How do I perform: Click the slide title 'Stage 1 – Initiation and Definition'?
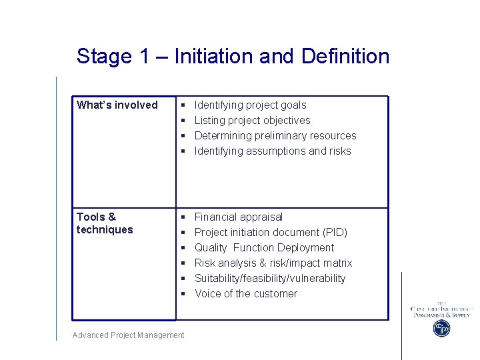coord(233,56)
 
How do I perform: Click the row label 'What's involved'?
coord(117,105)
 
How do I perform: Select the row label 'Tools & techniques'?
coord(105,223)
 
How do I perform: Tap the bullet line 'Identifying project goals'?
coord(250,105)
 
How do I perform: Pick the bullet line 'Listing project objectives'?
coord(252,120)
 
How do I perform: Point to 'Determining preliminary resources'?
coord(275,135)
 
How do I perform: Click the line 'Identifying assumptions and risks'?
coord(272,151)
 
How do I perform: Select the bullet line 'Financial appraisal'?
coord(238,217)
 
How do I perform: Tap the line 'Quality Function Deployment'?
coord(264,247)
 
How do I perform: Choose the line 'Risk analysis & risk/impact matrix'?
coord(273,263)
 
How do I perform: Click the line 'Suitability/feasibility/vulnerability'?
coord(269,278)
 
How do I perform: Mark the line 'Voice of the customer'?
coord(245,293)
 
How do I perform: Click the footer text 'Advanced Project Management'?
coord(128,335)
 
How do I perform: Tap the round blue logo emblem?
coord(441,328)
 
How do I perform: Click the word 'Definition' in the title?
coord(345,56)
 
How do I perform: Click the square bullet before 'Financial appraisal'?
coord(183,217)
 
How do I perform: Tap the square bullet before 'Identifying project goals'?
coord(183,105)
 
